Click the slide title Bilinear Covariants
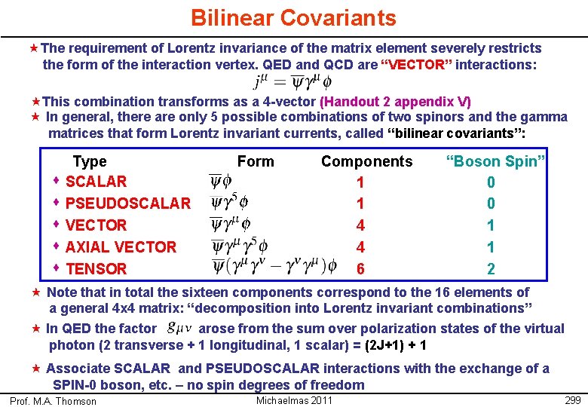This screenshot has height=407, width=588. pyautogui.click(x=293, y=17)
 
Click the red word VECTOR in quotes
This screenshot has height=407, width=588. pyautogui.click(x=415, y=65)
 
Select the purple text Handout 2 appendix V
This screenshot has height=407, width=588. pyautogui.click(x=396, y=101)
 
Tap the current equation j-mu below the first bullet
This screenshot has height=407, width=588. pyautogui.click(x=290, y=81)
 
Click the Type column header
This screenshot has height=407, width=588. pyautogui.click(x=90, y=161)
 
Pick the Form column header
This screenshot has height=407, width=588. pyautogui.click(x=256, y=161)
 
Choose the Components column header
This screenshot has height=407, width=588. pyautogui.click(x=366, y=161)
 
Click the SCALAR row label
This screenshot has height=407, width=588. pyautogui.click(x=96, y=182)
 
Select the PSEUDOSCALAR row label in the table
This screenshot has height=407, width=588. pyautogui.click(x=127, y=203)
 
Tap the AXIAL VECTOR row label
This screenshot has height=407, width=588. pyautogui.click(x=121, y=247)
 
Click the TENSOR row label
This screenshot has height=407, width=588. pyautogui.click(x=96, y=269)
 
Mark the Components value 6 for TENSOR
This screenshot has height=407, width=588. pyautogui.click(x=360, y=269)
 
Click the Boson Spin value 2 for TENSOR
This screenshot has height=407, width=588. pyautogui.click(x=491, y=269)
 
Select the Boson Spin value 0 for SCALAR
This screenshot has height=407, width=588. pyautogui.click(x=491, y=182)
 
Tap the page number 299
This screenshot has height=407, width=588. pyautogui.click(x=573, y=400)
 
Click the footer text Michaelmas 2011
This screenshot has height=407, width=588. pyautogui.click(x=294, y=400)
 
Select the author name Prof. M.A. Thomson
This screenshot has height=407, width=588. pyautogui.click(x=53, y=401)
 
